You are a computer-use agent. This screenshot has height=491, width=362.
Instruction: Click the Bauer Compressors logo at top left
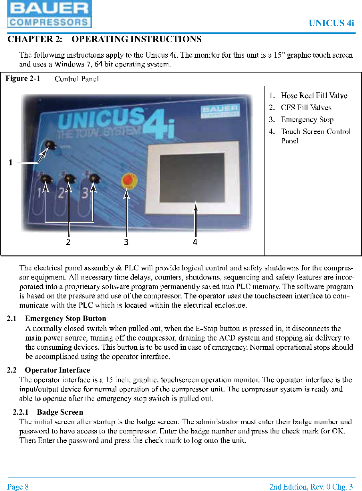click(x=49, y=14)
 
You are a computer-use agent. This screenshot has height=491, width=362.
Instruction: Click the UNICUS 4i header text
click(x=331, y=23)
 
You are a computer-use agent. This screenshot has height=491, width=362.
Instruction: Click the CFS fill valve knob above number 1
click(x=46, y=178)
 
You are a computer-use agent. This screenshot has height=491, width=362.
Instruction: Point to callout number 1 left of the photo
click(x=11, y=162)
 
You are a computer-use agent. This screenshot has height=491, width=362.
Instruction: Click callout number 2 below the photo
click(x=68, y=242)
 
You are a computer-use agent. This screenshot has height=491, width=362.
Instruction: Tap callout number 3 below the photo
click(x=126, y=242)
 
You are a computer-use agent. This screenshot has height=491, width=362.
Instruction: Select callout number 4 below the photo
click(x=195, y=242)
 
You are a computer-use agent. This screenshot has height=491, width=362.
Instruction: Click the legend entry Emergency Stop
click(x=307, y=119)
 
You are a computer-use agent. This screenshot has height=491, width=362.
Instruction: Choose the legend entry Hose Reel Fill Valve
click(x=314, y=95)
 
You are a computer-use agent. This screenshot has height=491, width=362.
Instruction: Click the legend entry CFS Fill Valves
click(x=306, y=108)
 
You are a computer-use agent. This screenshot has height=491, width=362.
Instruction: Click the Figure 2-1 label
click(x=23, y=79)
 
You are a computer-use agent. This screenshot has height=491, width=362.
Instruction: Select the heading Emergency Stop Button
click(x=65, y=318)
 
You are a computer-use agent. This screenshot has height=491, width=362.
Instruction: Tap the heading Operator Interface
click(x=57, y=370)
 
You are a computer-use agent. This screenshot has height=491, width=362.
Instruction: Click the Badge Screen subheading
click(x=60, y=412)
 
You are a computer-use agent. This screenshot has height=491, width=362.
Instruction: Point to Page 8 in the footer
click(x=18, y=487)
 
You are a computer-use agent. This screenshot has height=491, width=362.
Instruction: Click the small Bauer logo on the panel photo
click(x=220, y=111)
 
